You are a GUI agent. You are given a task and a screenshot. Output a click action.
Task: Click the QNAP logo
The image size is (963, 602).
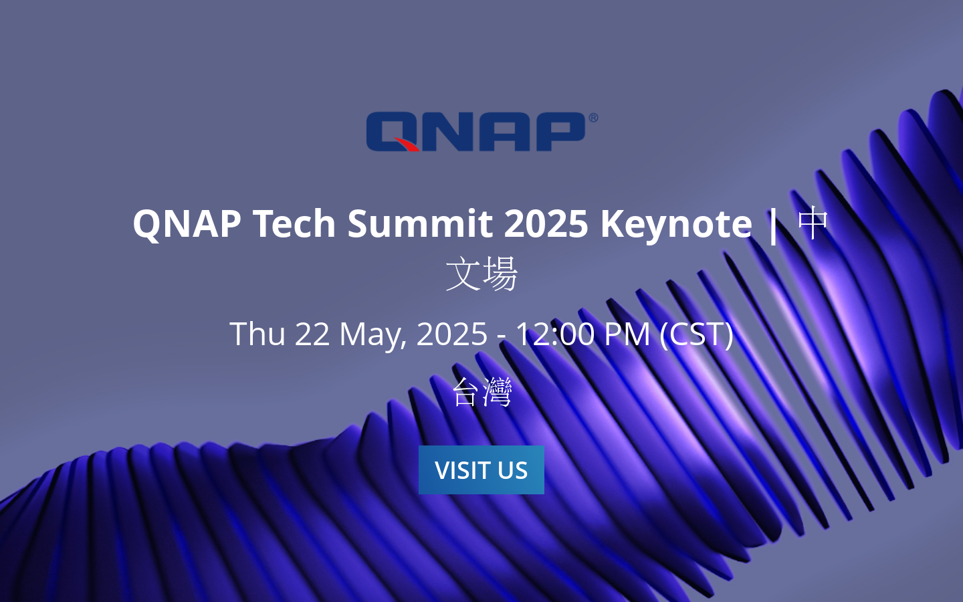pos(476,132)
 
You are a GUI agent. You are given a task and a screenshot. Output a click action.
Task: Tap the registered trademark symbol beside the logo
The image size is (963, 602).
pos(593,118)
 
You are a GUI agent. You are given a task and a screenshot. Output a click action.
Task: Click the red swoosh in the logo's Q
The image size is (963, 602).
pos(405,144)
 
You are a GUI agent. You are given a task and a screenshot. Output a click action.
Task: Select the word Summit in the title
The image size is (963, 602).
pos(419,223)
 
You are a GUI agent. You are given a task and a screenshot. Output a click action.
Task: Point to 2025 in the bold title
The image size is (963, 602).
pos(546,223)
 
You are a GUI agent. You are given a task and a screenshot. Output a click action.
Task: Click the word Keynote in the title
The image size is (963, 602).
pos(676,223)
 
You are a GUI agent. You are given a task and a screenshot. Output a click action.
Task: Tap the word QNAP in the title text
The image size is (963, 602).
pos(187,223)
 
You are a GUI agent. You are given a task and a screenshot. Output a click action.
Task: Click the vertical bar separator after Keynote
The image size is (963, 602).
pos(774,223)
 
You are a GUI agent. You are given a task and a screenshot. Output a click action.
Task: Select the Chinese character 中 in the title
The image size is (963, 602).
pos(813,223)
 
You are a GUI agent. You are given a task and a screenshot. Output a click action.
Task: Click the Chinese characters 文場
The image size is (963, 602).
pos(481,274)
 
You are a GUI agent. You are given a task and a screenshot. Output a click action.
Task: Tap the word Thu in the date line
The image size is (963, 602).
pos(257,333)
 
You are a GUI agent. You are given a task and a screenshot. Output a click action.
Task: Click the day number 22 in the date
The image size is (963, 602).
pos(312,333)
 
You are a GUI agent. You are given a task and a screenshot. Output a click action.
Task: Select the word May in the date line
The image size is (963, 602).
pos(372,333)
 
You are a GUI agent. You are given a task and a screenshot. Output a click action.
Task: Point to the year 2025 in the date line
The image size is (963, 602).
pos(452,333)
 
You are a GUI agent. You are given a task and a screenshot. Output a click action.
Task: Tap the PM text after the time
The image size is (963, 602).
pos(627,333)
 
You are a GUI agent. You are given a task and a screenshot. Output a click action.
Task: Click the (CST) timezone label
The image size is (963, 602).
pos(696,333)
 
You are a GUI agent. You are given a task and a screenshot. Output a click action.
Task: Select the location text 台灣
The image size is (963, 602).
pos(481,392)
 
